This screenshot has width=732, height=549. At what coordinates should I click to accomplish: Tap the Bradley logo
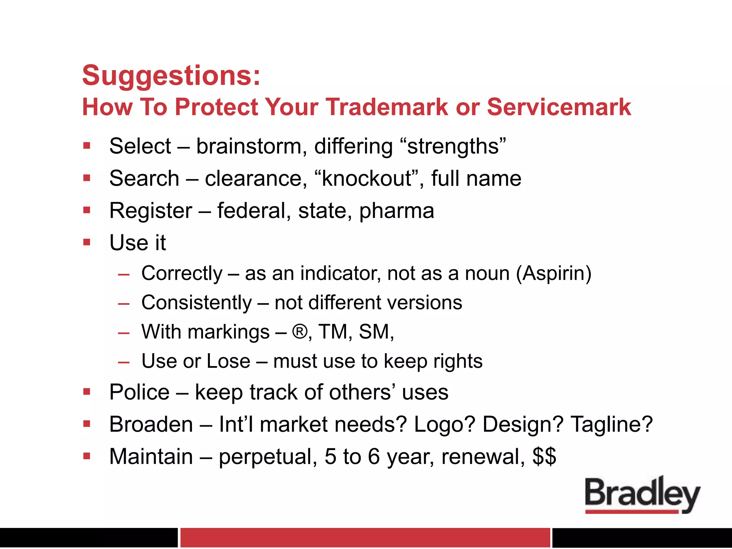click(642, 495)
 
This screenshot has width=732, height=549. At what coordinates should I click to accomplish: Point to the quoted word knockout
click(367, 178)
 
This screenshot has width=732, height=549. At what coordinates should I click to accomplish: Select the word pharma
click(397, 211)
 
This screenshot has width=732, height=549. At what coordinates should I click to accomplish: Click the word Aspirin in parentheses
click(554, 273)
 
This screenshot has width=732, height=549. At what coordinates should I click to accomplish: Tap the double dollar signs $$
click(544, 456)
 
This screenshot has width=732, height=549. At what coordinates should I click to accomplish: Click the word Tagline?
click(612, 424)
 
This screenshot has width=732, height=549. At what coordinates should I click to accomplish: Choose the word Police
click(139, 392)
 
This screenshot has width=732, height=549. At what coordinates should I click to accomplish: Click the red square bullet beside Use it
click(87, 242)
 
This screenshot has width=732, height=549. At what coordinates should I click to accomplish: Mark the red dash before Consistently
click(124, 304)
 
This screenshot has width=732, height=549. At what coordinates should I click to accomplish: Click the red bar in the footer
click(365, 537)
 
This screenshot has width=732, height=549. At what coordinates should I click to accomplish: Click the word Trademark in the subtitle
click(387, 107)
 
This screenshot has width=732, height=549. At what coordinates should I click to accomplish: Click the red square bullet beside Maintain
click(87, 456)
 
